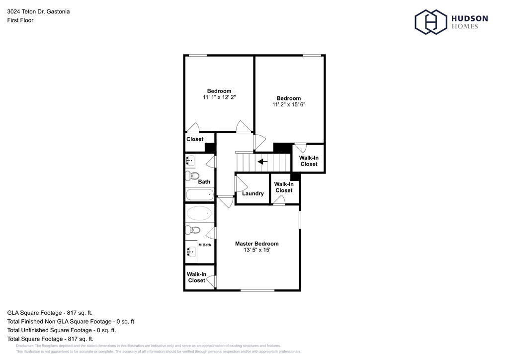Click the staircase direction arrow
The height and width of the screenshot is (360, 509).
[x=262, y=161]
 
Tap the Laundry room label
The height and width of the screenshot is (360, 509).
[x=253, y=193]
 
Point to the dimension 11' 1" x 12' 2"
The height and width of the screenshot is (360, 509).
[x=219, y=98]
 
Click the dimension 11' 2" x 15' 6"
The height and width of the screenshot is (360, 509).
[x=289, y=105]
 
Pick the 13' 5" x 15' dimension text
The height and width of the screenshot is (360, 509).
[x=256, y=251]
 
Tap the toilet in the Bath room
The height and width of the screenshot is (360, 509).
[x=192, y=176]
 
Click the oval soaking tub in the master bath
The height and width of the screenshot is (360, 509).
[x=199, y=213]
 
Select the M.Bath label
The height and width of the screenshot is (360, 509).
[x=205, y=245]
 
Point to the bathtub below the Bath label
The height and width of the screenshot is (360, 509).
[x=199, y=194]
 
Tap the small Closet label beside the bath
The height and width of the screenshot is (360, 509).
[x=195, y=139]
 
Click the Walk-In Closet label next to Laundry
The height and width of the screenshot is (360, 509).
[x=284, y=187]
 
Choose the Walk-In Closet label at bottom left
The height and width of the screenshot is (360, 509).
[x=197, y=277]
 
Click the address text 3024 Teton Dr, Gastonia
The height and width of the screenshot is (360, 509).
[x=38, y=11]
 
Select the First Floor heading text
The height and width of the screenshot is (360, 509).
[x=20, y=20]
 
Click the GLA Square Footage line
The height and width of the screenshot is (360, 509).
[x=50, y=313]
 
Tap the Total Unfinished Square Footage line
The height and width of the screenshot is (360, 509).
[x=62, y=330]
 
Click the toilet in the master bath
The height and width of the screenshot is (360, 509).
[x=192, y=230]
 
